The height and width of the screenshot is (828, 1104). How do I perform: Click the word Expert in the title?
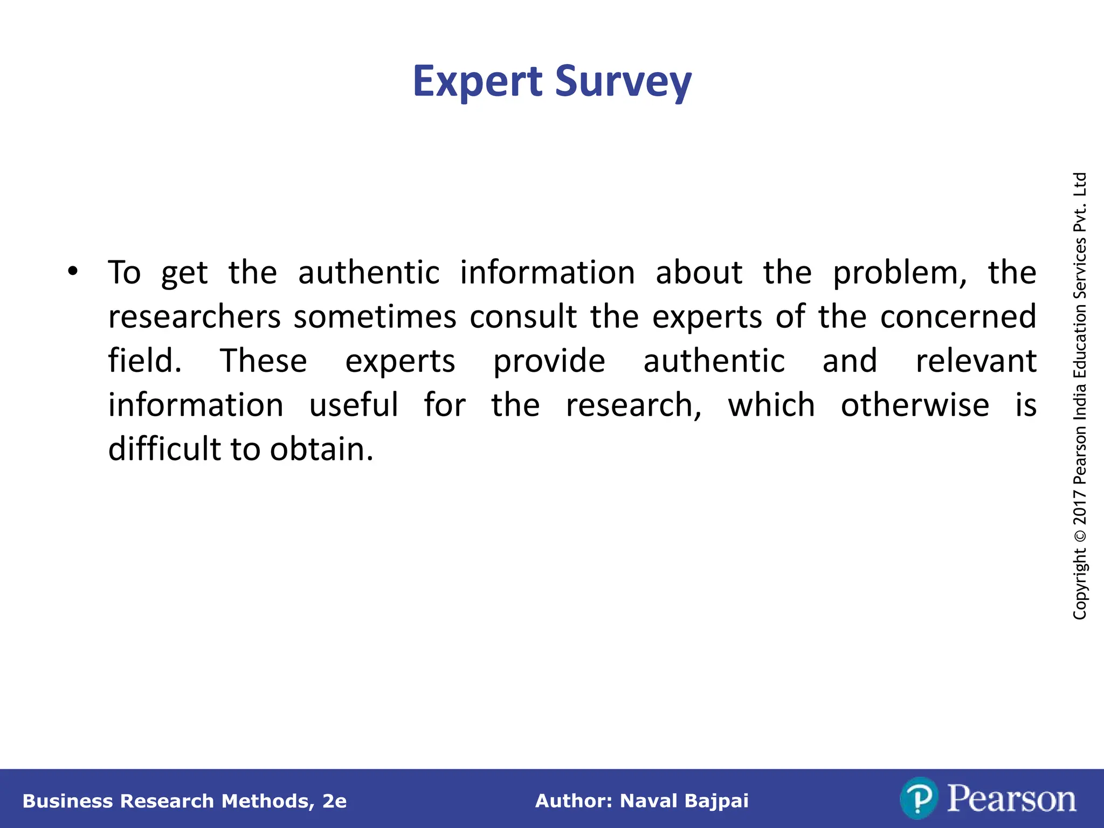[477, 82]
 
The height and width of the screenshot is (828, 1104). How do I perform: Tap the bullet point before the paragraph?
[73, 271]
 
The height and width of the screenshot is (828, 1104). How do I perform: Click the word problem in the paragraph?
[900, 273]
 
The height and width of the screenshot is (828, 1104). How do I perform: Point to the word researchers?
[194, 317]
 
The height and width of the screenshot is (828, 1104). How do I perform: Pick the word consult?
[523, 317]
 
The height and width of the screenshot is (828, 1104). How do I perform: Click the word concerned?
[958, 317]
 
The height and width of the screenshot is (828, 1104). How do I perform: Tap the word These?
[264, 361]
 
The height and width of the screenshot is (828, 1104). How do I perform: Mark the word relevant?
[976, 361]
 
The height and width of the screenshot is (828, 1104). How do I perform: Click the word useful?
[354, 405]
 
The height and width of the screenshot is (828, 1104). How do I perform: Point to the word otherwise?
[915, 405]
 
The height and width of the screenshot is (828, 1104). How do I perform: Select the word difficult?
[164, 449]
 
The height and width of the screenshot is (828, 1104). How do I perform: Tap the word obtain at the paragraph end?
[321, 449]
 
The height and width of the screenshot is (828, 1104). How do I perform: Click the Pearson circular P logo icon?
[919, 798]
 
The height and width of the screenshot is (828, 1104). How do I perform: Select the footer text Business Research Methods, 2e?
[184, 801]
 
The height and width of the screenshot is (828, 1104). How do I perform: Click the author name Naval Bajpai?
[684, 801]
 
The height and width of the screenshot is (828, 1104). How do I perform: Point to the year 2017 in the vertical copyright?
[1080, 507]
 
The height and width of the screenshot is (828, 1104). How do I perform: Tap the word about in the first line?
[699, 272]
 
